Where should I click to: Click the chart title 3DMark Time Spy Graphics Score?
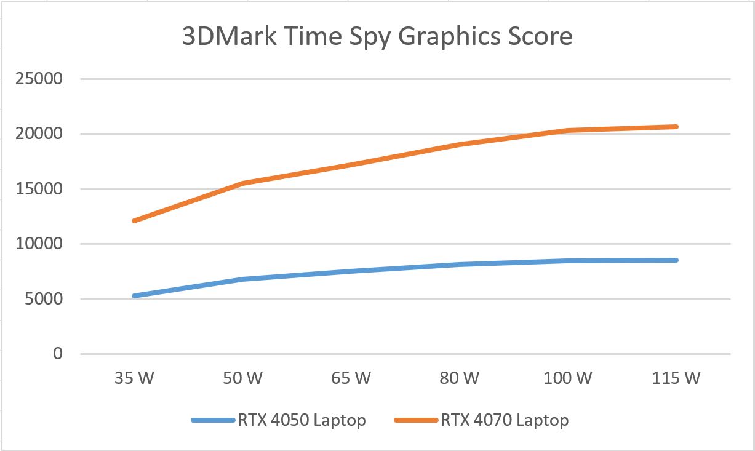pos(377,36)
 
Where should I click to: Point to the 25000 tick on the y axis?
pos(41,79)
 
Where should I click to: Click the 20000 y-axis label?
pos(41,134)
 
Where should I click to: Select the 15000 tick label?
pos(41,190)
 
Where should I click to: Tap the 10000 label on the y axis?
pos(41,244)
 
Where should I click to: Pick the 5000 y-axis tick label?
pos(46,300)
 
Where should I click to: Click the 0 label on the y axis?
pos(58,354)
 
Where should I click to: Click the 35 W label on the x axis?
pos(134,378)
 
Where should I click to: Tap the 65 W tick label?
pos(351,378)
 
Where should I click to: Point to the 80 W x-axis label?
pos(459,378)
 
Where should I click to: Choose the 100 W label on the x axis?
pos(567,378)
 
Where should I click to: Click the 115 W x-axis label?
pos(676,378)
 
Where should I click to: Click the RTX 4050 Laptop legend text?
pos(301,420)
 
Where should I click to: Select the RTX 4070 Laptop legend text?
pos(504,420)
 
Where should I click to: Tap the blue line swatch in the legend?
pos(212,420)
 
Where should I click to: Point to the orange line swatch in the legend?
pos(415,420)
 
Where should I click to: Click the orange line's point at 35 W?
pos(134,221)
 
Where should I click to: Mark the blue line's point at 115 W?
pos(676,260)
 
